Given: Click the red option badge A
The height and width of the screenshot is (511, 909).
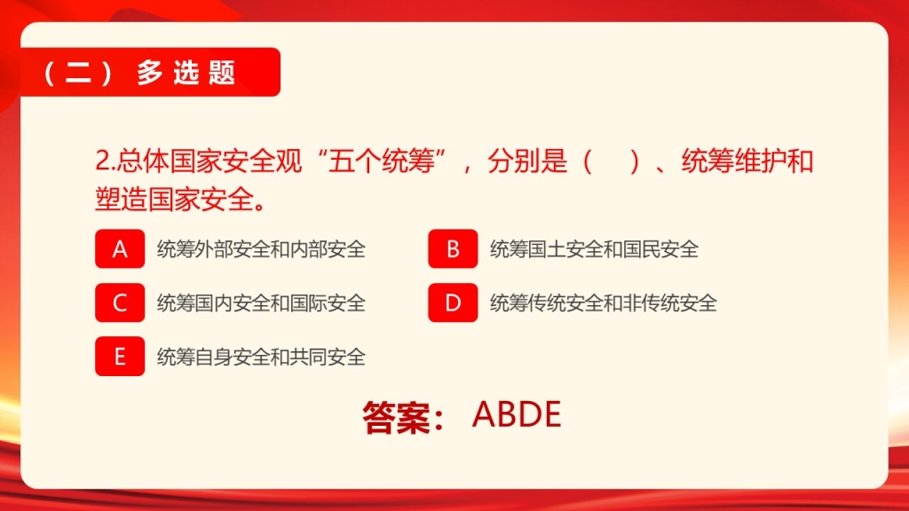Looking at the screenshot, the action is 120,248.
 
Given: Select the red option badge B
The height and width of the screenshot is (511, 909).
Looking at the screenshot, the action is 453,248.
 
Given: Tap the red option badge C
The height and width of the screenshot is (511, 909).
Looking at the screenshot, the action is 120,303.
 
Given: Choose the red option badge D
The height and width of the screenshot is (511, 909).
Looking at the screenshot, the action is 453,303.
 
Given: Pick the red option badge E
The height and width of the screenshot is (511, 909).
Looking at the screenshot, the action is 120,357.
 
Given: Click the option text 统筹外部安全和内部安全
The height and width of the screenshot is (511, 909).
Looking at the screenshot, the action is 262,249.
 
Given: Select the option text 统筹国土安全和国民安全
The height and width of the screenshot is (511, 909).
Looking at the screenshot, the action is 594,249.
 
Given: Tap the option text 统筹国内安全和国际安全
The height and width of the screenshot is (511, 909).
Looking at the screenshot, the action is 262,303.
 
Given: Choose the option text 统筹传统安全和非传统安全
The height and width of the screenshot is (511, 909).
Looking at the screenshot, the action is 604,303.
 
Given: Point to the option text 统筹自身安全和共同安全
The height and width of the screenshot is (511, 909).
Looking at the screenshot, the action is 262,357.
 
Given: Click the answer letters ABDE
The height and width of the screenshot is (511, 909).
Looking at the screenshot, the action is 517,414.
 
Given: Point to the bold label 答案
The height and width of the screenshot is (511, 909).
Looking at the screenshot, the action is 397,417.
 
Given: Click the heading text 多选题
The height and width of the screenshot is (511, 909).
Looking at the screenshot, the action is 186,73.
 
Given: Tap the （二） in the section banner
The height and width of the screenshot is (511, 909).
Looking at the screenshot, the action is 78,73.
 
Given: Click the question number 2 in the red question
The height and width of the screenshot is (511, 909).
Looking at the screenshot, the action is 103,161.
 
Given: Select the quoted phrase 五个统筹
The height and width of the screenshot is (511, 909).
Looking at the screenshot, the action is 382,161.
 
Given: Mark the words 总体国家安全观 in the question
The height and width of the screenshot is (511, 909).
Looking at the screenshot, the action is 209,161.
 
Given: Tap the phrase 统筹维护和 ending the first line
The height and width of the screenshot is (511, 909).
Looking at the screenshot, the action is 747,161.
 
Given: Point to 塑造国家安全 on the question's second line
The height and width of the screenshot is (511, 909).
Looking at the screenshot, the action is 175,200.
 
